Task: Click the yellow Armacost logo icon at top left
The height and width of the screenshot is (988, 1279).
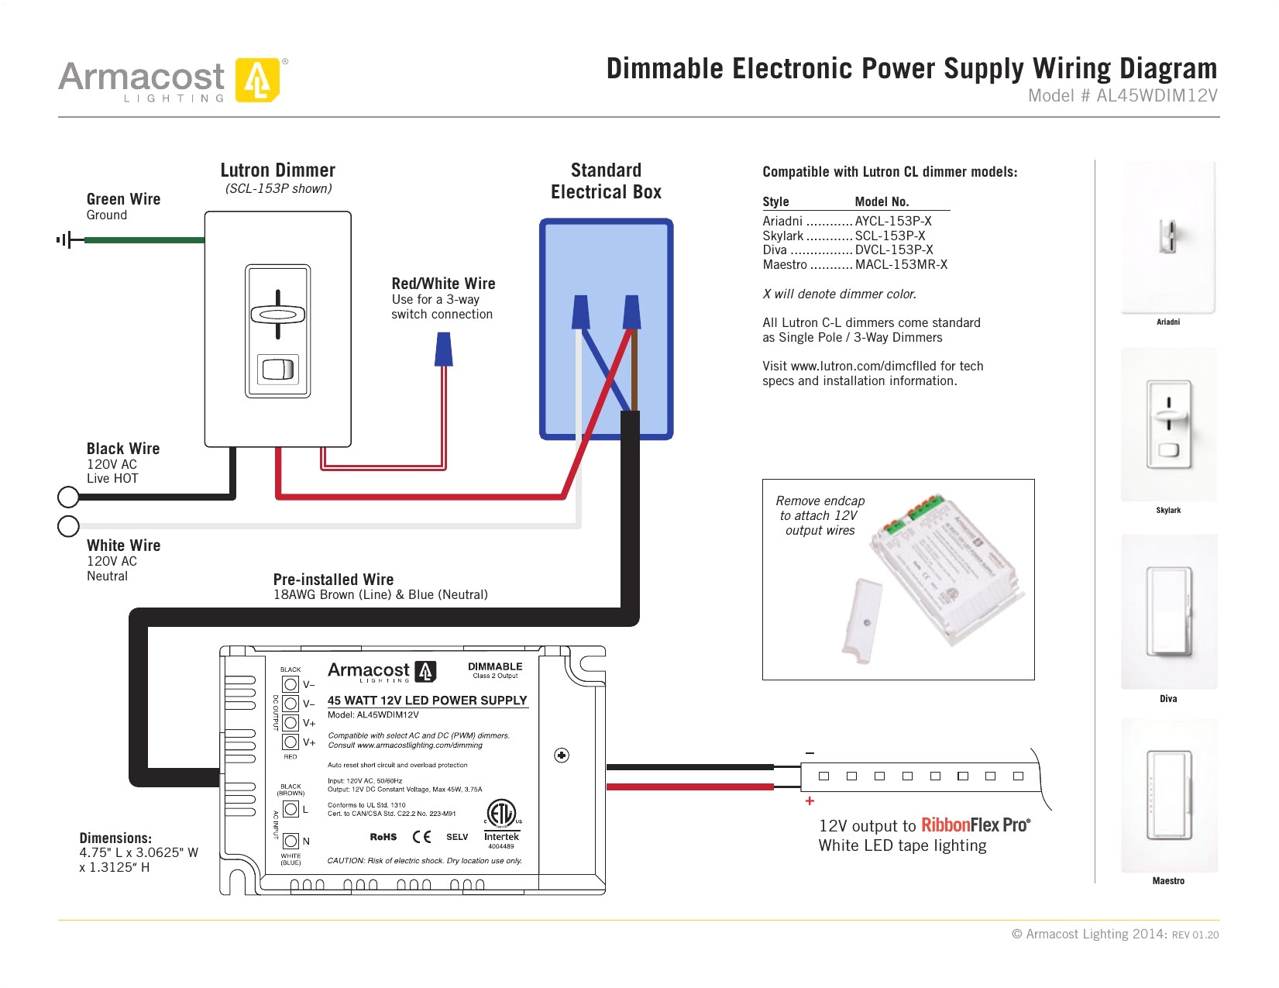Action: (x=257, y=80)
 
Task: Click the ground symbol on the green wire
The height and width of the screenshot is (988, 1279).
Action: (x=67, y=240)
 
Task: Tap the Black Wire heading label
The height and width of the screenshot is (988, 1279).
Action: (x=123, y=449)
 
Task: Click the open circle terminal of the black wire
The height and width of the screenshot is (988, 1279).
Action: (x=68, y=496)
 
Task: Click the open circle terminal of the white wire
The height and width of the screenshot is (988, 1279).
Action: (x=68, y=526)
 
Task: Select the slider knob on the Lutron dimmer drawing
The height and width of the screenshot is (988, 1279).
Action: (x=277, y=315)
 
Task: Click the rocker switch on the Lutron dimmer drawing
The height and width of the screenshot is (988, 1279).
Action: (x=277, y=369)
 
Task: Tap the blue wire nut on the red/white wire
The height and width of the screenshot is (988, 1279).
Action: (x=444, y=349)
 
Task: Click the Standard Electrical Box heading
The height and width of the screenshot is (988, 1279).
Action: (x=606, y=181)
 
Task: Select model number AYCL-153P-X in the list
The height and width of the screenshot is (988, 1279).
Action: (x=892, y=222)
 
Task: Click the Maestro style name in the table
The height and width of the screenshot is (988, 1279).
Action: (x=784, y=265)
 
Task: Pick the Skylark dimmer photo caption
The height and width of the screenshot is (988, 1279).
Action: (x=1167, y=511)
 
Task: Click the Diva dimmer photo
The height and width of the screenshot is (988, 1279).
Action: (x=1168, y=612)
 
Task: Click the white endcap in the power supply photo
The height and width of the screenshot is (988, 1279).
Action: (x=862, y=621)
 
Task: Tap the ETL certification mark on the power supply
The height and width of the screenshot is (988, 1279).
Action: (x=500, y=814)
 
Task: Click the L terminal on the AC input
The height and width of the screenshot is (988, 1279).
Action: (x=291, y=809)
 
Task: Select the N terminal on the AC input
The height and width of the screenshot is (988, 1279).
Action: (x=291, y=841)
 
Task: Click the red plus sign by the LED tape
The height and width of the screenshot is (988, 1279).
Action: (x=810, y=801)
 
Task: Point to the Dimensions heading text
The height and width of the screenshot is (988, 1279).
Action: (x=115, y=838)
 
